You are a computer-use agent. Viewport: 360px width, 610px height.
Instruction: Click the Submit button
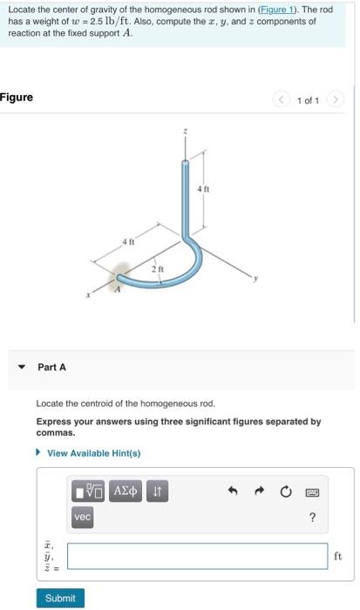click(60, 598)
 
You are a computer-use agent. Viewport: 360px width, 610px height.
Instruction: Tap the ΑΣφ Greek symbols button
click(126, 492)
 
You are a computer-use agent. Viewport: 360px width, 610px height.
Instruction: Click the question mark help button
click(311, 518)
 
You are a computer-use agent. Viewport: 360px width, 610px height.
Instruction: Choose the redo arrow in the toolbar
click(260, 492)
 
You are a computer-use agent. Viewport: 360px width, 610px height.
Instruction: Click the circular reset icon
click(285, 492)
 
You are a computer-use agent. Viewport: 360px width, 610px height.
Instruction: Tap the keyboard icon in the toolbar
click(311, 492)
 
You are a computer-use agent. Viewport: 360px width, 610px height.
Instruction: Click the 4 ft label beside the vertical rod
click(202, 188)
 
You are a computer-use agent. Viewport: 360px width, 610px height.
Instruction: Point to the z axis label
click(184, 132)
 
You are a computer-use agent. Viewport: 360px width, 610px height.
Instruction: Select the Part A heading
click(51, 367)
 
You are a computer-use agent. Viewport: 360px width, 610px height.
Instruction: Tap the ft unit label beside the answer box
click(337, 556)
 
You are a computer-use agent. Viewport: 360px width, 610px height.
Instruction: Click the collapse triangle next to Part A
click(21, 367)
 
